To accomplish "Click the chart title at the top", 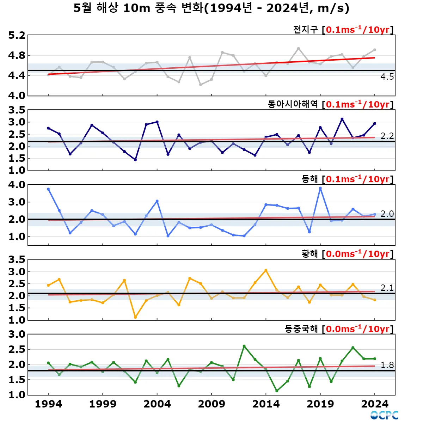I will point(211,8).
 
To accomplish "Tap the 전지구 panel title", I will point(305,30).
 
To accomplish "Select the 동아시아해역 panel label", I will point(293,104).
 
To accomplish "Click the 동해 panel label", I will point(309,179).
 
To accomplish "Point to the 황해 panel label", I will point(309,254).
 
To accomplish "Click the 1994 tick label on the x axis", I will point(48,404).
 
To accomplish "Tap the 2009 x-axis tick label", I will point(211,404).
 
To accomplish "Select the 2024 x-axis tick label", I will point(374,404).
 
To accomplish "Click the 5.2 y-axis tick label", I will point(17,36).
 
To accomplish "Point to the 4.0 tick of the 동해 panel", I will point(17,185).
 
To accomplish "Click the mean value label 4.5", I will point(387,77).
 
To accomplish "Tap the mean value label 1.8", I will point(387,365).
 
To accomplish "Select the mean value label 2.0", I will point(387,214).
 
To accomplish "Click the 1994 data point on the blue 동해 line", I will point(48,189).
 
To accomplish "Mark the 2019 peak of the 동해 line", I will point(320,188).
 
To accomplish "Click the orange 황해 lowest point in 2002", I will point(135,317).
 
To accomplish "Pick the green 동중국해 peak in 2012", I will point(244,346).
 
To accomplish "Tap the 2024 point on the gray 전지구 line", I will point(374,50).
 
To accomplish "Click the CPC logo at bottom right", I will point(384,415).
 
